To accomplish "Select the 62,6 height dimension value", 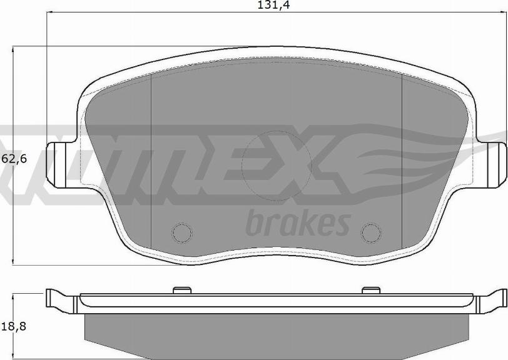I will [x=14, y=159].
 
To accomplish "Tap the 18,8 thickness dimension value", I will [x=14, y=326].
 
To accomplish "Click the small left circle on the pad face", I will [x=181, y=232].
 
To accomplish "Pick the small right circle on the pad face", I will [x=372, y=232].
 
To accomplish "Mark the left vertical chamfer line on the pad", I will [x=152, y=156].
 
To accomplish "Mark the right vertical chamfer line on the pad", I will [x=401, y=156].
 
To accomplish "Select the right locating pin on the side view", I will [x=372, y=290].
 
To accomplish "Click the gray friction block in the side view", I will [x=277, y=331].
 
